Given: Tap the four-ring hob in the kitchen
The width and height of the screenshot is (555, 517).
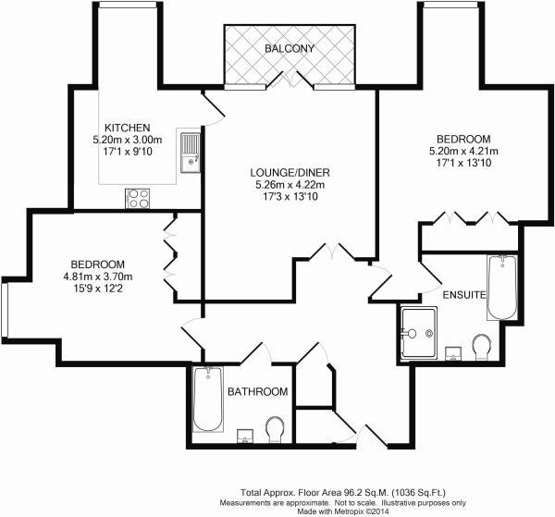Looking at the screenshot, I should coord(138,197).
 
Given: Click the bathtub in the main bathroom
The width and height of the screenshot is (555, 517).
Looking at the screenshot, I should coord(208,400).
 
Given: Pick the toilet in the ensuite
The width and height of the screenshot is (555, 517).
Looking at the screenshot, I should coord(481,348).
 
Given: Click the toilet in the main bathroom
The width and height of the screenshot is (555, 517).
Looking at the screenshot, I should coord(275,430).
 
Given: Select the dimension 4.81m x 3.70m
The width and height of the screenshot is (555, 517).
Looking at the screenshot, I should coord(98,277).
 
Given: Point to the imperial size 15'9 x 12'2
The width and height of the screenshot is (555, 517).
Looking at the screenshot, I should coord(98,289).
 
